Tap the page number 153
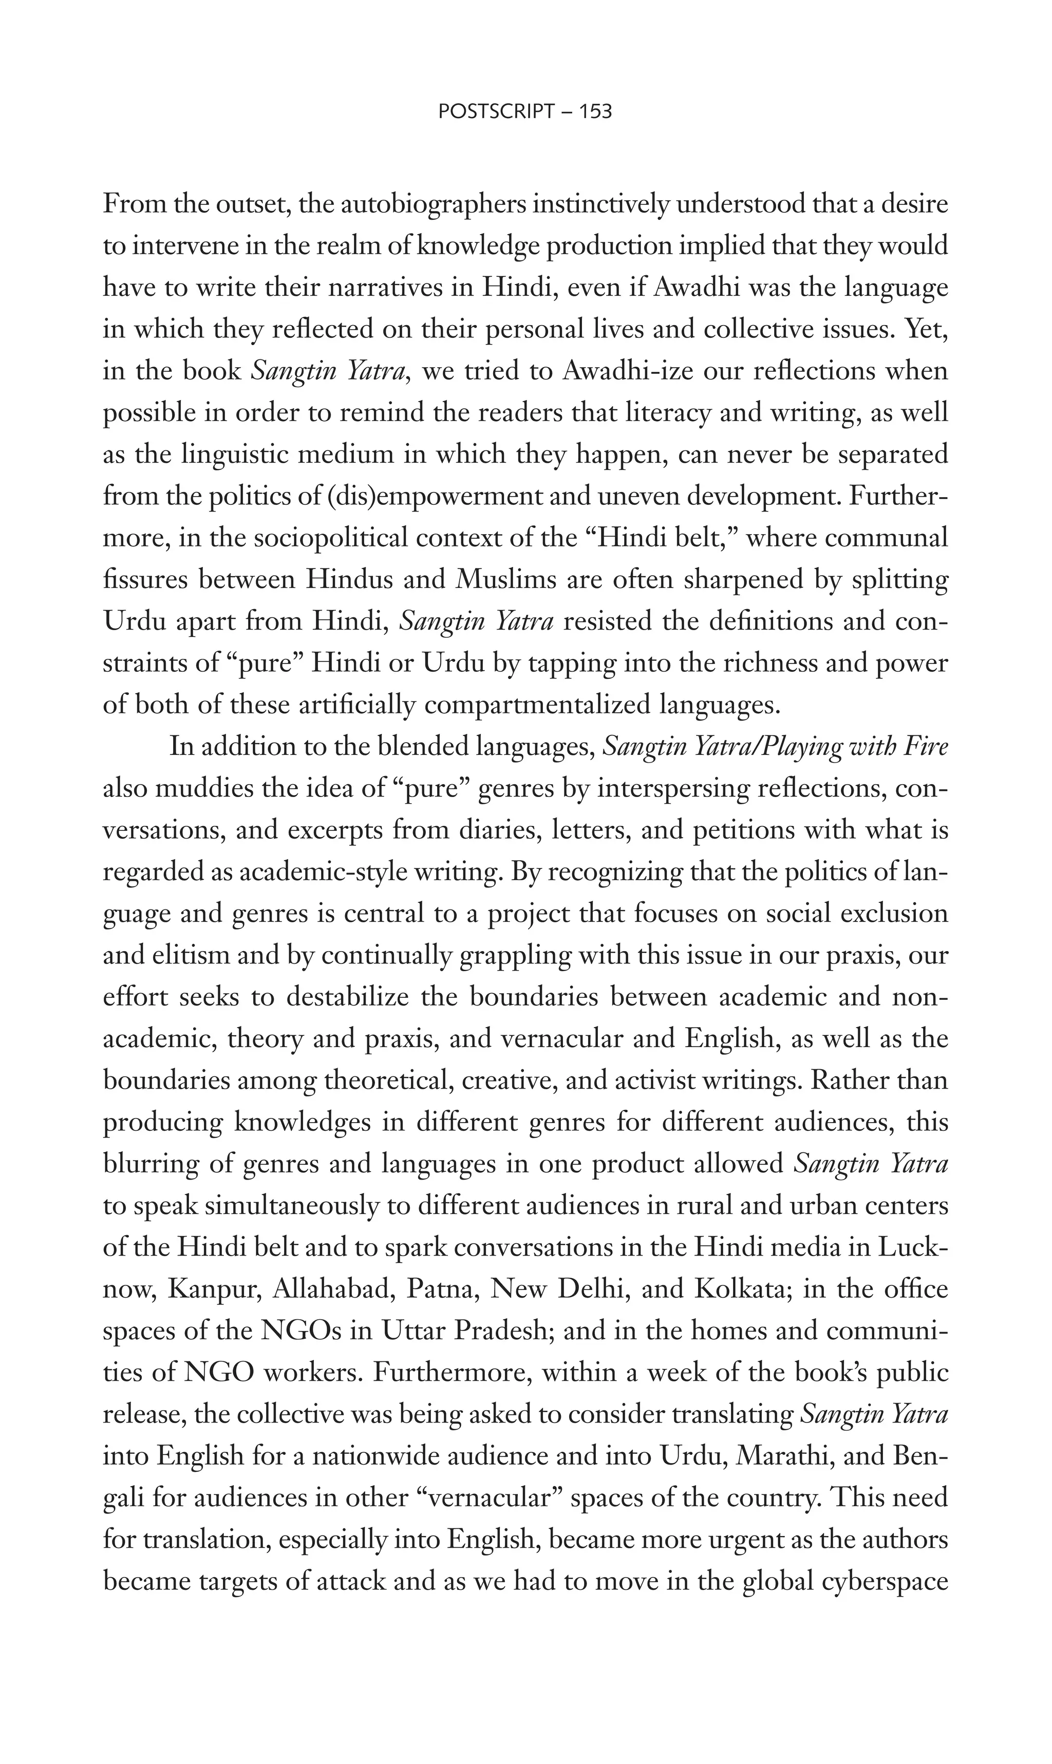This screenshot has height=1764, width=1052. (x=595, y=111)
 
